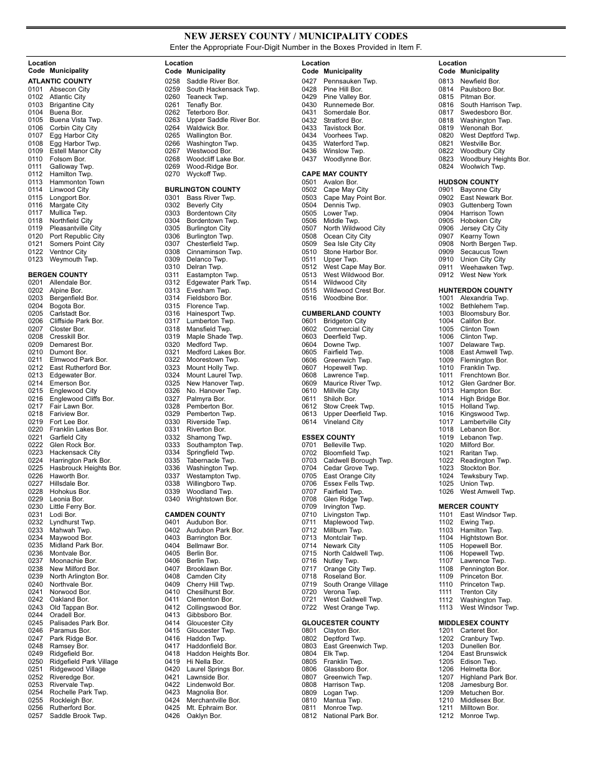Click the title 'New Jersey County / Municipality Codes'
pos(295,37)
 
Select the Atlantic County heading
pos(60,81)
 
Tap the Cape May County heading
pos(335,174)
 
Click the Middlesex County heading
pos(474,623)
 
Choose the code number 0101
pos(36,89)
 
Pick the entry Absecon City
pos(70,89)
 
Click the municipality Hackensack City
pos(75,453)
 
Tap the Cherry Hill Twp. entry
pos(210,584)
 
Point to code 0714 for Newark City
pos(310,546)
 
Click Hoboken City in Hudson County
pos(480,220)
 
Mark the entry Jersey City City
pos(484,229)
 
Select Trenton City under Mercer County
pos(479,592)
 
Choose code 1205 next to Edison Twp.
pos(446,661)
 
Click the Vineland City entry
pos(343,422)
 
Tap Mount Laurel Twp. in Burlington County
pos(214,376)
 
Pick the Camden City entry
pos(206,577)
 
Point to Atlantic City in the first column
pos(67,97)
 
